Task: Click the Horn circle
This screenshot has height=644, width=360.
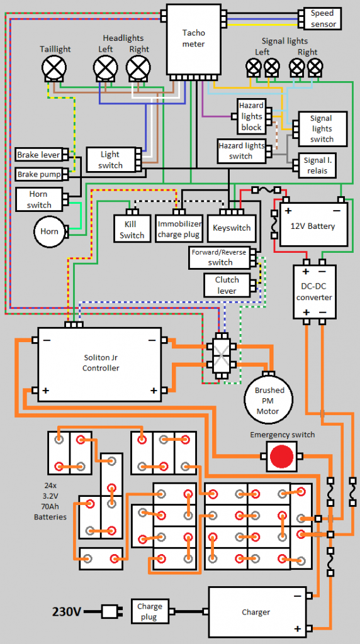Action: point(49,231)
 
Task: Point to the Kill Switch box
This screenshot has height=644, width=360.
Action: point(132,229)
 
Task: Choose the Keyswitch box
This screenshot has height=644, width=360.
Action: point(232,228)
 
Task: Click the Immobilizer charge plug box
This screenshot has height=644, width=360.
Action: point(179,229)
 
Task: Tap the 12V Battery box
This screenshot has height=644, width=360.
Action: point(313,225)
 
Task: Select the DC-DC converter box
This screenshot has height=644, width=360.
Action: point(314,292)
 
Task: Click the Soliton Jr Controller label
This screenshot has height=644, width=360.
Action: point(101,363)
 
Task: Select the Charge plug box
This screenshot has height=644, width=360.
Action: point(150,611)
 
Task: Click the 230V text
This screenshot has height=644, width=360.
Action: point(67,612)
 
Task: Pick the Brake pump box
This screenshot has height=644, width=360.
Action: point(39,175)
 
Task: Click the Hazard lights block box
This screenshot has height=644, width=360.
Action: point(252,116)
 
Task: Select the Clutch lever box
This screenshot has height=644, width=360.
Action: point(227,285)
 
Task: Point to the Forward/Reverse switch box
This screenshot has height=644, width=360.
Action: point(220,257)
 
